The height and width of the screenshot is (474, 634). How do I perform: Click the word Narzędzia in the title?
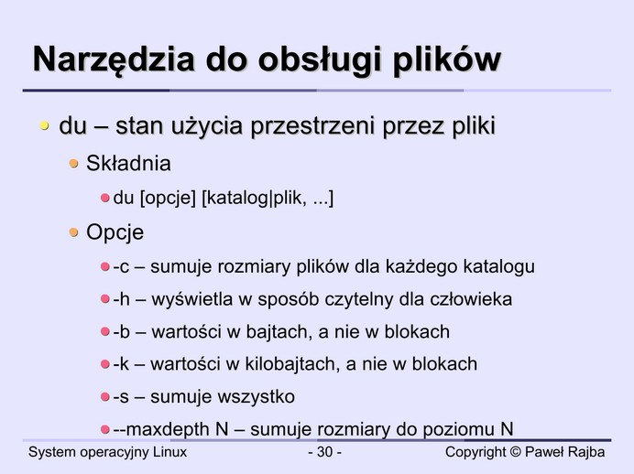click(114, 60)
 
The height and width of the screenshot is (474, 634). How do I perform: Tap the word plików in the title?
click(447, 60)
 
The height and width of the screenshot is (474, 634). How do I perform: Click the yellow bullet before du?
click(44, 126)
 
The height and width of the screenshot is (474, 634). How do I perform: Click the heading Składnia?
click(128, 164)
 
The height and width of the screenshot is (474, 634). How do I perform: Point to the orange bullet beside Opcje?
click(73, 232)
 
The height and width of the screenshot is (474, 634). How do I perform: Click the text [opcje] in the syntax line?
click(168, 199)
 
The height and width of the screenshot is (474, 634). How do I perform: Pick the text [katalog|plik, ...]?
click(268, 199)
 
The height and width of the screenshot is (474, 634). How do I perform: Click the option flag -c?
click(121, 267)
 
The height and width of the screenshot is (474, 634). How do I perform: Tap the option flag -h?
click(121, 299)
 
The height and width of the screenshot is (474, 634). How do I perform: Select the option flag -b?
click(121, 332)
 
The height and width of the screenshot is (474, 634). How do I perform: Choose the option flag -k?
click(121, 364)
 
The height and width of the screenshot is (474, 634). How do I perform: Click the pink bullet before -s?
click(105, 397)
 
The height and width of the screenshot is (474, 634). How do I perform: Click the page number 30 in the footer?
click(324, 452)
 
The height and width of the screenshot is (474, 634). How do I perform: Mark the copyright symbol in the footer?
click(516, 452)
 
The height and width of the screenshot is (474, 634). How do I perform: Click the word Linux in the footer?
click(169, 452)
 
